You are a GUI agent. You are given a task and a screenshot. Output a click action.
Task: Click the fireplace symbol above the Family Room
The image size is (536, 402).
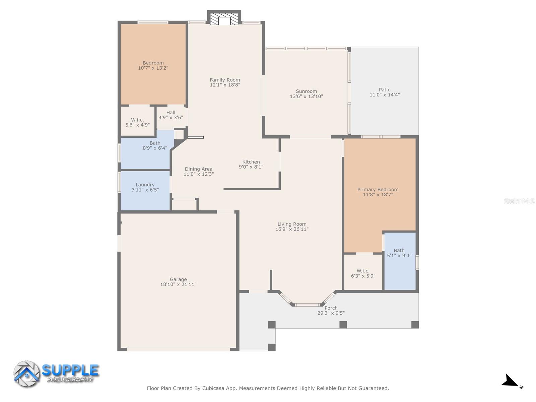(x=224, y=20)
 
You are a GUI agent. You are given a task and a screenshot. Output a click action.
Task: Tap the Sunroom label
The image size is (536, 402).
(x=306, y=91)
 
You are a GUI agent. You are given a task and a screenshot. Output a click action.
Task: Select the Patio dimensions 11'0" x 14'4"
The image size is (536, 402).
(x=385, y=95)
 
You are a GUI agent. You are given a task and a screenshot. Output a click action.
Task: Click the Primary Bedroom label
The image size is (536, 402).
(x=378, y=190)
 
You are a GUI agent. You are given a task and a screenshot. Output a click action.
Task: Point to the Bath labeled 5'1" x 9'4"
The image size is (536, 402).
(x=399, y=253)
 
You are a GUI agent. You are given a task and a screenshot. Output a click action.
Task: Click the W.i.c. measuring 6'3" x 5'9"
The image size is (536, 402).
(x=363, y=273)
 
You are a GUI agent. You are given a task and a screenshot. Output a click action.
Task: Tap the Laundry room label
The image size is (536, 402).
(x=145, y=185)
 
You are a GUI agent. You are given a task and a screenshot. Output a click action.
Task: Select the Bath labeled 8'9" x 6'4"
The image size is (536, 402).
(x=155, y=145)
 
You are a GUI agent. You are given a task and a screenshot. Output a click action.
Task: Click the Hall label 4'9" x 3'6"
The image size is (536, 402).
(x=171, y=115)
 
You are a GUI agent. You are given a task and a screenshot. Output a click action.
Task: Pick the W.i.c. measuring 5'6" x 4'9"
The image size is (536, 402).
(x=137, y=122)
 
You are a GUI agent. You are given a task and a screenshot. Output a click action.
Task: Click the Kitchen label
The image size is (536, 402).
(x=251, y=162)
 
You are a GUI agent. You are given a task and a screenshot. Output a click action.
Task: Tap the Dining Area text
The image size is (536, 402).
(x=198, y=169)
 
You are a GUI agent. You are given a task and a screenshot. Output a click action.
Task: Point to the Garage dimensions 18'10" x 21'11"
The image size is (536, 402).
(x=178, y=284)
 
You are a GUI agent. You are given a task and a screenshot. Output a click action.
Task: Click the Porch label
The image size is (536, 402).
(x=331, y=308)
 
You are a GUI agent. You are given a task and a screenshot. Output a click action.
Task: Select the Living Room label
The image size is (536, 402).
(x=292, y=224)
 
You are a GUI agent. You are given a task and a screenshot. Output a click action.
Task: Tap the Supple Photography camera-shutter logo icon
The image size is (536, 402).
(x=26, y=374)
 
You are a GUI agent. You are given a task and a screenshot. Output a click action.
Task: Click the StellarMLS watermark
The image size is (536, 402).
(x=519, y=201)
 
